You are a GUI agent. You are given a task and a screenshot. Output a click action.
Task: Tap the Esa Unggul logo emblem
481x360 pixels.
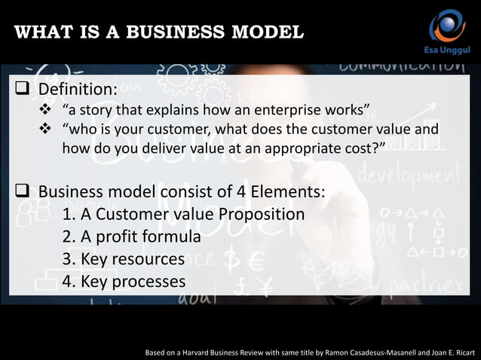click(447, 26)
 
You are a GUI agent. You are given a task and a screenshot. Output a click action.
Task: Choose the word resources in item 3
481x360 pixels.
click(150, 259)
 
